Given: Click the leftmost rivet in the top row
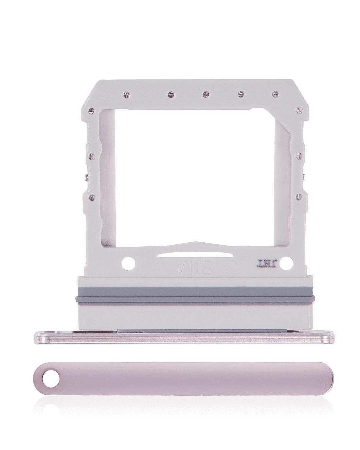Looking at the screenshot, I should click(126, 93).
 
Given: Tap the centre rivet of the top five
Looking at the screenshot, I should click(205, 93).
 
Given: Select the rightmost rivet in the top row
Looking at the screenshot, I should click(275, 93).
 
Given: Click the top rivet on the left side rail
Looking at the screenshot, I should click(91, 110).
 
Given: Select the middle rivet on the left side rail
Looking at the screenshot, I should click(91, 156).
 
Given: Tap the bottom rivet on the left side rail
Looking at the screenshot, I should click(91, 196).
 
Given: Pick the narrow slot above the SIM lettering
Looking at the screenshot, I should click(195, 255).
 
